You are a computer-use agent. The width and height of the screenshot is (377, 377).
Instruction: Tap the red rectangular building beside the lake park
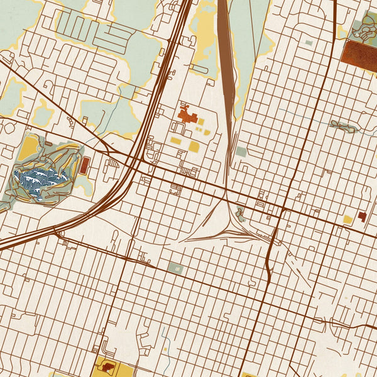[x=85, y=166]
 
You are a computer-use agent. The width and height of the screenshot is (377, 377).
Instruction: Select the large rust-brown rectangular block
[x=359, y=51]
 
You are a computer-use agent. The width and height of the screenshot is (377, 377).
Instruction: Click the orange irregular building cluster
[x=188, y=116]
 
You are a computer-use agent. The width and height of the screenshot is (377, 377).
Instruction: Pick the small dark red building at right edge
[x=362, y=216]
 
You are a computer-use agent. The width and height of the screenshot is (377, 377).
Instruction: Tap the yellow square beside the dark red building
[x=347, y=219]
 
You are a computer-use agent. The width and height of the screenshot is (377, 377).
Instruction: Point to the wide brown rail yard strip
[x=225, y=63]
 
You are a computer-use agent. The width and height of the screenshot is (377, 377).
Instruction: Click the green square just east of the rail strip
[x=241, y=151]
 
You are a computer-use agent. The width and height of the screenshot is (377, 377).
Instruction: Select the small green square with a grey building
[x=175, y=269]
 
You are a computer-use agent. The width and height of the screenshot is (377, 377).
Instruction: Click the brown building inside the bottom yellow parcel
[x=107, y=366]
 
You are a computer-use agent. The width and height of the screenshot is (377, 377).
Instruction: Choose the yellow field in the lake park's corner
[x=28, y=148]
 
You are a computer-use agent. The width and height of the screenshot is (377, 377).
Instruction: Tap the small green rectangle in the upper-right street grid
[x=308, y=43]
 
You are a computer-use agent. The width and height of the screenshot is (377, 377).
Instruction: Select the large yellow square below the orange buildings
[x=194, y=147]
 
